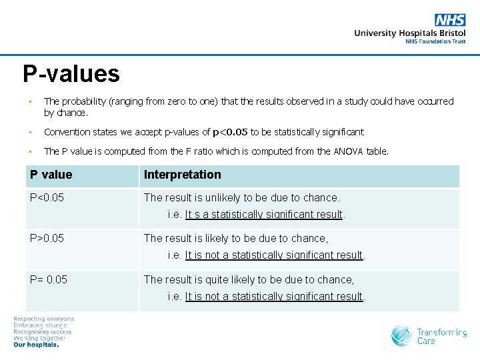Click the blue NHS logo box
450,21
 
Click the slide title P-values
71,73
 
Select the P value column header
51,175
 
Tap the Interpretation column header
182,175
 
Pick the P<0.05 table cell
47,197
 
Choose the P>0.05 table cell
47,238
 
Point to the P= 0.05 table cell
49,279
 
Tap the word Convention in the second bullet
65,132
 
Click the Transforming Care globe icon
402,335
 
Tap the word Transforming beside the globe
442,332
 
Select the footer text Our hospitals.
37,345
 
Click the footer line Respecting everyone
44,319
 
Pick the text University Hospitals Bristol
409,33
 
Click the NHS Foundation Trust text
435,41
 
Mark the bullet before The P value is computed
30,151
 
